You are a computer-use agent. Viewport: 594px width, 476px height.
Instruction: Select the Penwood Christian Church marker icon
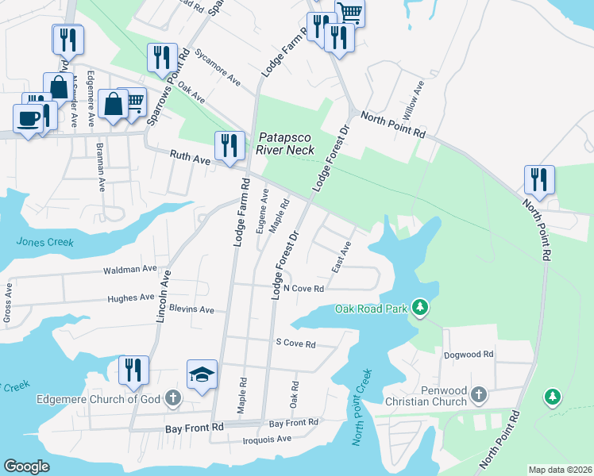[x=478, y=394]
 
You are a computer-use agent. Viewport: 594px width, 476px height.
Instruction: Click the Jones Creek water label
[x=44, y=242]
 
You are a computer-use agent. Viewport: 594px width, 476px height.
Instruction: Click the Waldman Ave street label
[x=130, y=271]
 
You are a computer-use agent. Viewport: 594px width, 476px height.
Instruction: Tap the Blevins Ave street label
[x=192, y=309]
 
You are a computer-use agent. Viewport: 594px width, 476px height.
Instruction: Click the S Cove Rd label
[x=295, y=344]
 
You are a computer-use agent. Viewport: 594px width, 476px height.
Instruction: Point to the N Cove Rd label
[x=303, y=289]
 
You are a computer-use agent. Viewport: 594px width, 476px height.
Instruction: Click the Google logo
[x=27, y=466]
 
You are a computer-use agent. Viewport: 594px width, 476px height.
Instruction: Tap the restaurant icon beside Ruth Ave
[x=229, y=145]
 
